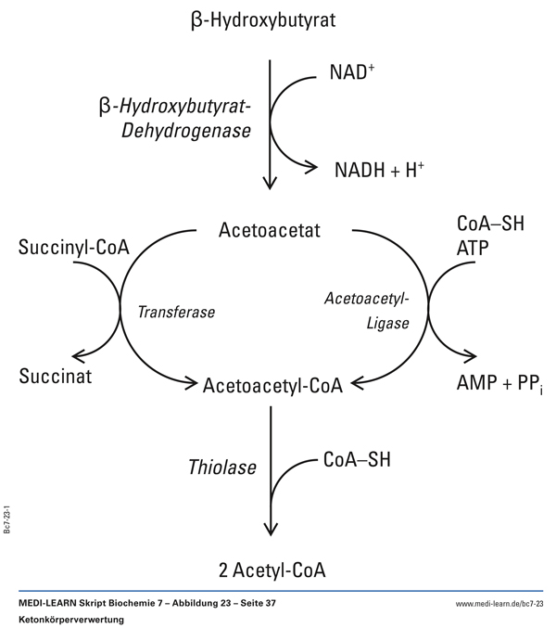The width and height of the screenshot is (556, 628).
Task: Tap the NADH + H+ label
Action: pos(380,169)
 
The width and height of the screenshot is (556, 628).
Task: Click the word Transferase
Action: pos(176,313)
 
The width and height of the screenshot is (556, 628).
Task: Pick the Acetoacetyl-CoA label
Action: pos(273,384)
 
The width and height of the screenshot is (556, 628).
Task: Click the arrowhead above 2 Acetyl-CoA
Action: pos(271,529)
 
